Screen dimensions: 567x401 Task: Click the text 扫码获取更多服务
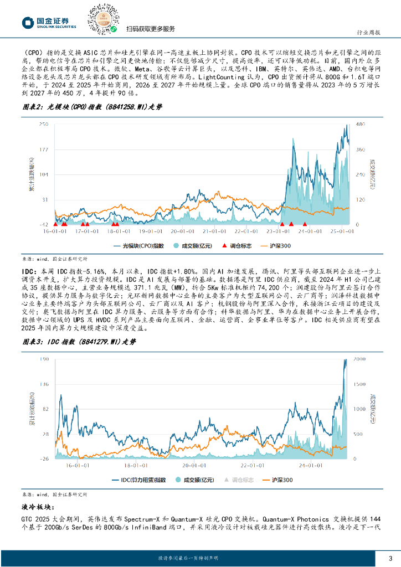pyautogui.click(x=151, y=29)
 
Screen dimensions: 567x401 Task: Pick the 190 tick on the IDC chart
pyautogui.click(x=44, y=359)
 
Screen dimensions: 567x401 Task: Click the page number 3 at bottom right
pyautogui.click(x=390, y=558)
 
